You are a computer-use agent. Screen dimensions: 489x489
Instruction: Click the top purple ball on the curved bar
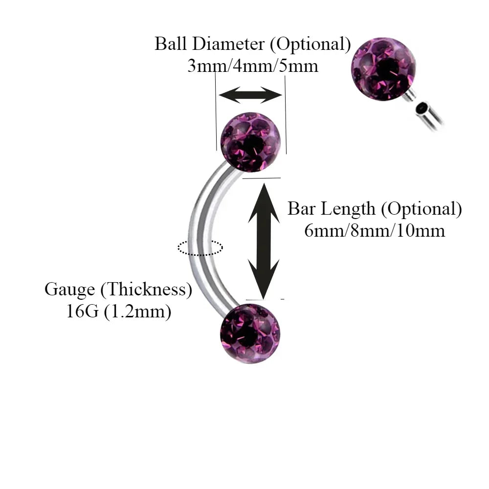pyautogui.click(x=251, y=142)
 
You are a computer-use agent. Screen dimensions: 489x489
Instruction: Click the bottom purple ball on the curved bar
pyautogui.click(x=250, y=333)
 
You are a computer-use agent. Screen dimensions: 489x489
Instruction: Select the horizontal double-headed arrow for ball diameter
pyautogui.click(x=250, y=95)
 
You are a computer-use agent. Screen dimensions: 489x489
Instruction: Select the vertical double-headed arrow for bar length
pyautogui.click(x=264, y=240)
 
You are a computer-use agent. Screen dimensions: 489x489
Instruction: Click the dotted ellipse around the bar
pyautogui.click(x=200, y=247)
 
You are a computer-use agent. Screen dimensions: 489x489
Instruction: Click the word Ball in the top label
pyautogui.click(x=171, y=44)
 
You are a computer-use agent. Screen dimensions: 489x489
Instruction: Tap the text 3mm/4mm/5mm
pyautogui.click(x=253, y=66)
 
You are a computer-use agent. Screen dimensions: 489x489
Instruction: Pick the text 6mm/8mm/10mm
pyautogui.click(x=375, y=230)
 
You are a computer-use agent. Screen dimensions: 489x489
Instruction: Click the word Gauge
pyautogui.click(x=70, y=289)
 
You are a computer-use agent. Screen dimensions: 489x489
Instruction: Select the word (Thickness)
pyautogui.click(x=146, y=289)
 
